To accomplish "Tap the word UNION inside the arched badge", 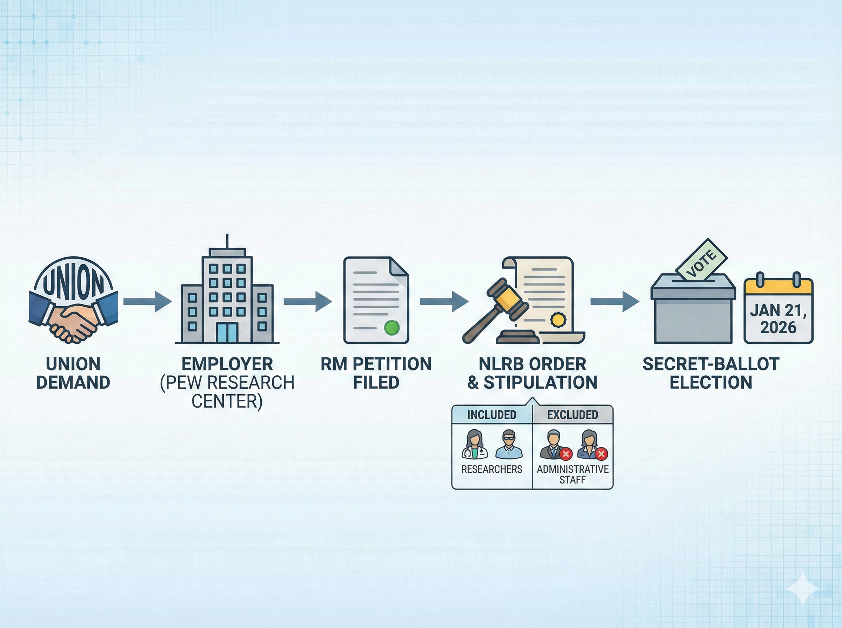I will tap(73, 283).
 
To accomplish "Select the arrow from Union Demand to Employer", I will tap(147, 301).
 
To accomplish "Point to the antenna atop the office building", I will tap(227, 241).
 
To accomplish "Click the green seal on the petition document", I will tap(392, 327).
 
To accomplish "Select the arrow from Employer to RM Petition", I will tap(307, 301).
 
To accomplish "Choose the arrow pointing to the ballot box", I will tap(614, 301).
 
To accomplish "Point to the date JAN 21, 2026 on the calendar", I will tap(778, 319).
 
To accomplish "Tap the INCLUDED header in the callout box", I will tap(492, 415).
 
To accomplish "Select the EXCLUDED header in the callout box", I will tap(573, 415).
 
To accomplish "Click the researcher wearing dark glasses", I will tap(509, 444).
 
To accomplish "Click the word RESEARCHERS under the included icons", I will tap(492, 470).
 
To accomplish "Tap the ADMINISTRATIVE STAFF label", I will tap(573, 475).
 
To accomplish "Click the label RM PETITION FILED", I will tap(376, 373).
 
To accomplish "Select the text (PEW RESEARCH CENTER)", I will tap(227, 391).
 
